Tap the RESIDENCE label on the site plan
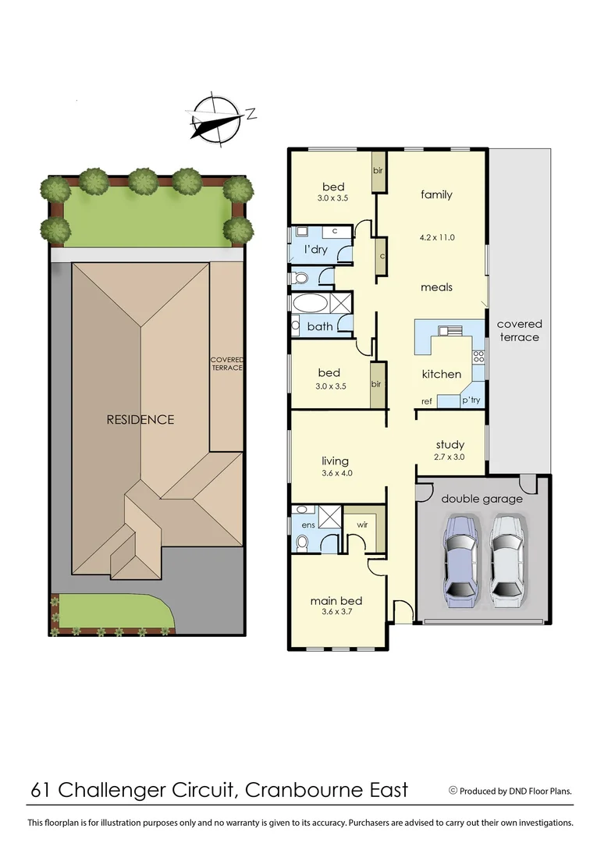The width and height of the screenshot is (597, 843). tap(140, 420)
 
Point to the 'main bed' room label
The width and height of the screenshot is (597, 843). tap(336, 600)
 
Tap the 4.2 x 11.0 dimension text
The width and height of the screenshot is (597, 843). tap(437, 237)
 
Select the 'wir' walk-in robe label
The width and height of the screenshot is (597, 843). tap(362, 525)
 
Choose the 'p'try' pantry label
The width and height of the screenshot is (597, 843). tap(471, 400)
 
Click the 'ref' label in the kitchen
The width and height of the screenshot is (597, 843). tap(427, 401)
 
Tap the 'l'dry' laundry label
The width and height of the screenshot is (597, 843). tap(316, 250)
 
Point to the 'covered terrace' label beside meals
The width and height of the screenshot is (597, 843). tap(519, 330)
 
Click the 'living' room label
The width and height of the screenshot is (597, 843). tap(336, 461)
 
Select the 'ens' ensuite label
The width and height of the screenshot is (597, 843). tap(307, 525)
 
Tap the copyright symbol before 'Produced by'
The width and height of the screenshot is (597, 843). tap(453, 790)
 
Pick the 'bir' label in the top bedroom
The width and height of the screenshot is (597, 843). tap(378, 170)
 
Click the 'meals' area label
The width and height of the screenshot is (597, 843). tap(436, 287)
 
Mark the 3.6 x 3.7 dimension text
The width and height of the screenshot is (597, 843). tap(336, 612)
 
